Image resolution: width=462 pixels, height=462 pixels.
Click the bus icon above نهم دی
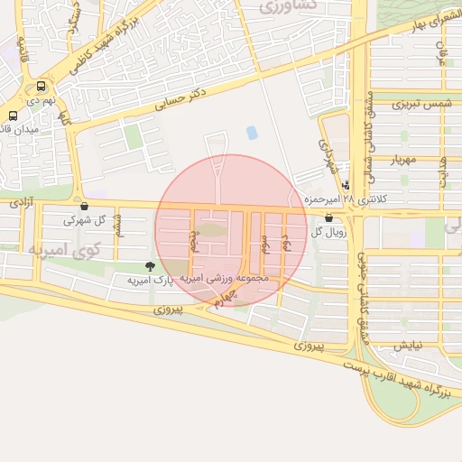tap(40, 88)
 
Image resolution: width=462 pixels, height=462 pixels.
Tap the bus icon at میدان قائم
tap(13, 116)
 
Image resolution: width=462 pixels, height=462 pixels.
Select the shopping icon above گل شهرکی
tap(84, 206)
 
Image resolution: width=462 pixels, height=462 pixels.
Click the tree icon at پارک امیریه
tap(149, 266)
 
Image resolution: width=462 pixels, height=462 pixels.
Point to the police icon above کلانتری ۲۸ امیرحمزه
tap(346, 185)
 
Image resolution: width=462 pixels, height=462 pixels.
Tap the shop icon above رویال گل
tap(327, 217)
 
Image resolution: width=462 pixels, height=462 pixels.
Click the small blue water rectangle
tap(252, 133)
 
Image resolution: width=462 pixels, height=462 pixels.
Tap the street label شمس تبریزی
tap(420, 106)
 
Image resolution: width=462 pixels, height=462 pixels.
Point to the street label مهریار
tap(406, 161)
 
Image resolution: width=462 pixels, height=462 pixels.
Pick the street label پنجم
tap(192, 241)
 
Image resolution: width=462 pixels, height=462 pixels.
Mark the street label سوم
tap(265, 242)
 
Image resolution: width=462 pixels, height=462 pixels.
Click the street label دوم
tap(285, 240)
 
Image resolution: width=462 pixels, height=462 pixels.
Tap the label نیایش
tap(406, 345)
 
